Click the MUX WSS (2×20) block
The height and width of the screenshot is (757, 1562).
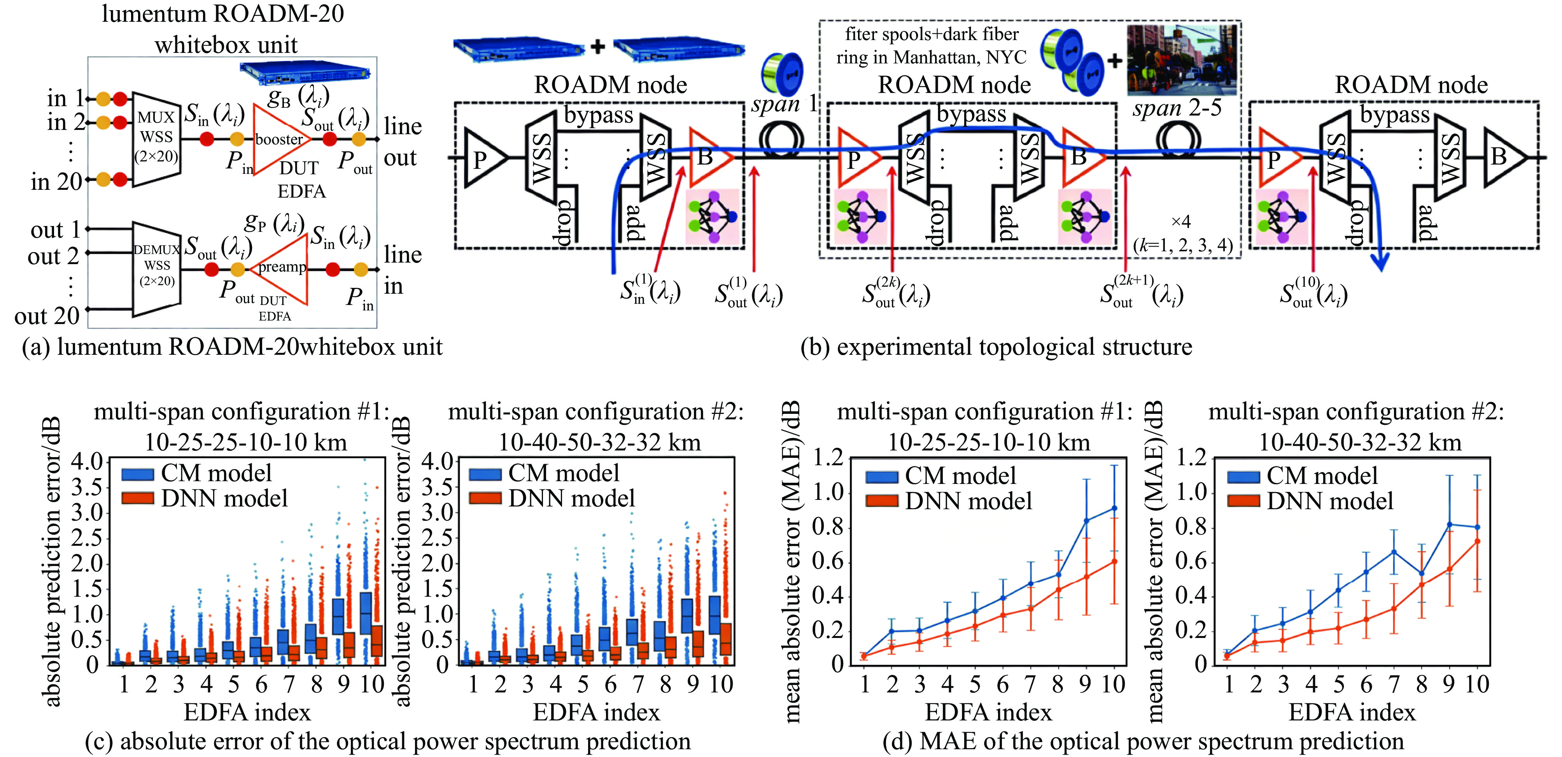coord(156,139)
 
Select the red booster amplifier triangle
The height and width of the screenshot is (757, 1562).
coord(278,140)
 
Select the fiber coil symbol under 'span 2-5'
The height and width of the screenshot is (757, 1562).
coord(1178,141)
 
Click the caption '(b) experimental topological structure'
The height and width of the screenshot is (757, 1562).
coord(996,347)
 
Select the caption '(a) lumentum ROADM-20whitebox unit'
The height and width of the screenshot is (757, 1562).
coord(232,347)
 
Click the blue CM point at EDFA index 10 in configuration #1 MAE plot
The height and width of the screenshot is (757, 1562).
coord(1114,508)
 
